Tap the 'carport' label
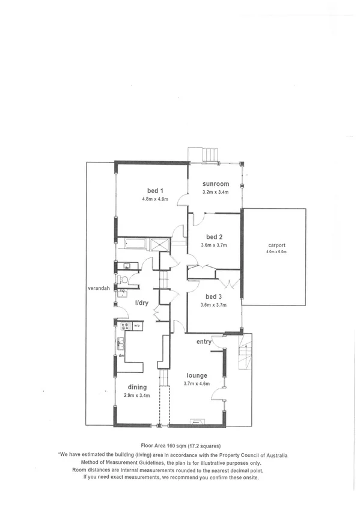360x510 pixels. pos(277,245)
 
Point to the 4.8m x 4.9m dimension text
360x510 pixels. pos(154,198)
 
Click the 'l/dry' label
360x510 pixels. pos(142,303)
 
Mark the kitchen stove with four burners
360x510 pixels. pos(125,327)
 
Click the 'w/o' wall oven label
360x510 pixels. pos(137,327)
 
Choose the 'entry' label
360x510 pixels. pos(204,342)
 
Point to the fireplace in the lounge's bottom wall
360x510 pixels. pos(196,422)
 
